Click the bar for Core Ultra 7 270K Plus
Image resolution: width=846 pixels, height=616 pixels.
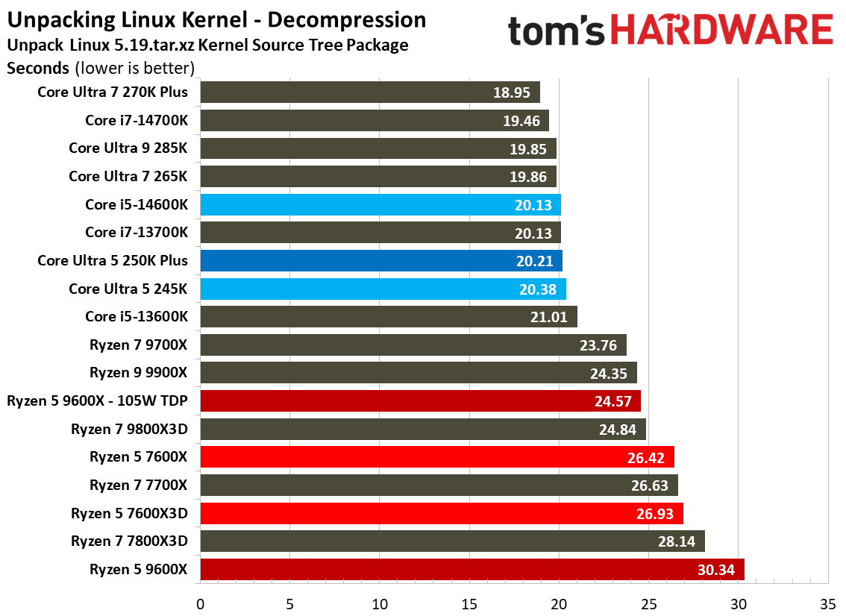pos(369,92)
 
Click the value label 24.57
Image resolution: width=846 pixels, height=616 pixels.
pos(613,402)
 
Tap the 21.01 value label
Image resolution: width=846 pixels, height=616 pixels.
pos(550,317)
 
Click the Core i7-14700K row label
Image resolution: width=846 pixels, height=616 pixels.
pos(137,120)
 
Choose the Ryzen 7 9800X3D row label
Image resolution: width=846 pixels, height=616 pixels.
pos(129,429)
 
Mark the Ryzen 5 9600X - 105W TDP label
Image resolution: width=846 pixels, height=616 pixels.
pos(97,401)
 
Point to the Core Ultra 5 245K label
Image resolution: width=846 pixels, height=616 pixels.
pos(128,289)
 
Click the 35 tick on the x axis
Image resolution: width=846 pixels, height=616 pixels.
pos(827,603)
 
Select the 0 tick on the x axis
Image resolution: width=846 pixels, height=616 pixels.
pos(200,603)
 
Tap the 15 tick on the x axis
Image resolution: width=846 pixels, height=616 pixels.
pos(469,603)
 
